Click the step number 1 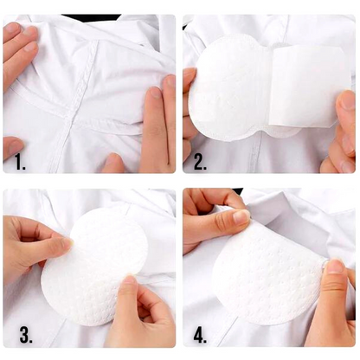pos(20,163)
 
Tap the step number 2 pos(200,163)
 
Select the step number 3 pos(26,336)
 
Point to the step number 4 pos(200,336)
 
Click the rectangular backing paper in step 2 pos(311,87)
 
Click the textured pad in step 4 pos(268,274)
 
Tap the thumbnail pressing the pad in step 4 pos(335,266)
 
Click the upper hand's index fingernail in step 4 pos(241,217)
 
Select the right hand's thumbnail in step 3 pos(129,280)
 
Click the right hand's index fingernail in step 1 pos(155,93)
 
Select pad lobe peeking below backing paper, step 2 pos(284,132)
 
